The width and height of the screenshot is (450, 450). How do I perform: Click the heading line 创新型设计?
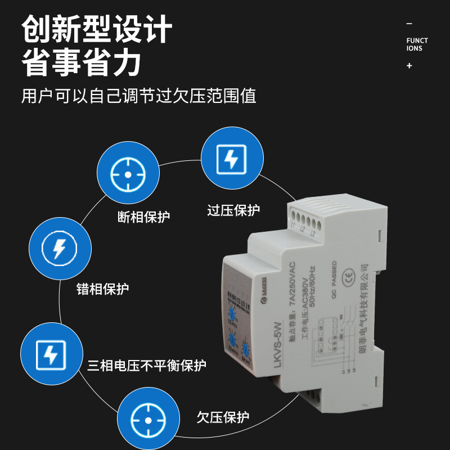96,29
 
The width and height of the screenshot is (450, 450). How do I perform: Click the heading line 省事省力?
81,62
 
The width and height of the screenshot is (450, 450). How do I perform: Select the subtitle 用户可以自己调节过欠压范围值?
138,96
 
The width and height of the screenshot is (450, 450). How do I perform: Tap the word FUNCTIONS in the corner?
417,44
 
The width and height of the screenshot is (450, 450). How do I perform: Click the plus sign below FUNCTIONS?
409,66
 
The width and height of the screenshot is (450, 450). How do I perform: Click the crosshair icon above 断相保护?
128,174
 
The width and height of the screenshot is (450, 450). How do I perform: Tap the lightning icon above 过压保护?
231,159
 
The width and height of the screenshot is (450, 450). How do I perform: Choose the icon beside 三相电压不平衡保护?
51,354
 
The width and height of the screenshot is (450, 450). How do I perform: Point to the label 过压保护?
233,211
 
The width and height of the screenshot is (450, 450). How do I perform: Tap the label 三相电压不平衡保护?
146,366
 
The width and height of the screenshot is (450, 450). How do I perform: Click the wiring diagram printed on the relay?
335,340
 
